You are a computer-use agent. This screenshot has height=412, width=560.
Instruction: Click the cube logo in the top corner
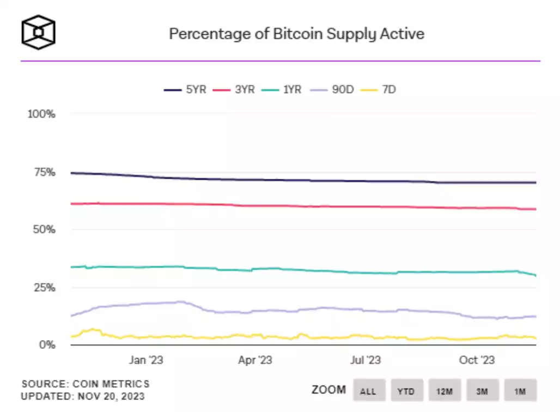click(38, 32)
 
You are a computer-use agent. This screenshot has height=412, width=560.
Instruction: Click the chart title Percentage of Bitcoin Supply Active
click(296, 34)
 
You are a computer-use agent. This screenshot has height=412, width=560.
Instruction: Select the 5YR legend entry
click(186, 89)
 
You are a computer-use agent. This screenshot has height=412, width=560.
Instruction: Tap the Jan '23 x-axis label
click(145, 360)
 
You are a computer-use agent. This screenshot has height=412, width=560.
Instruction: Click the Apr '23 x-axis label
click(255, 360)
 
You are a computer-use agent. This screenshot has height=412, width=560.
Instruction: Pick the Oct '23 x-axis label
click(476, 360)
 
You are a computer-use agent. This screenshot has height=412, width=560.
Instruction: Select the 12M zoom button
click(445, 390)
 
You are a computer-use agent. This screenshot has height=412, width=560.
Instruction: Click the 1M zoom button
click(520, 390)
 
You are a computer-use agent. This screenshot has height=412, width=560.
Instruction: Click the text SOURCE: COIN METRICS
click(85, 384)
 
